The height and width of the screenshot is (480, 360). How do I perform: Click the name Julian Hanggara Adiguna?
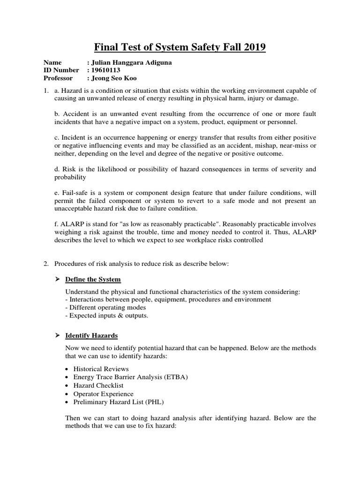(133, 62)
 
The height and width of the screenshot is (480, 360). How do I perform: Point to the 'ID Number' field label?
(61, 70)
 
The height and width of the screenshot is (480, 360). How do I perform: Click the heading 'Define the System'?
(93, 279)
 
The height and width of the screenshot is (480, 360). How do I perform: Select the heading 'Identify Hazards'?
(91, 336)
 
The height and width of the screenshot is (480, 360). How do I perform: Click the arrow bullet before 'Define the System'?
(58, 279)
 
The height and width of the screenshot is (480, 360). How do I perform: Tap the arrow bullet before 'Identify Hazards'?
(58, 336)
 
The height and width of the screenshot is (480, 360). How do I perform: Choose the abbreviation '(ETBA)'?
(176, 377)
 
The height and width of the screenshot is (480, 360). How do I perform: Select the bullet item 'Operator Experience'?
(103, 394)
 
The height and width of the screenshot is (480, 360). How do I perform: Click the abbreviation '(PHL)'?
(155, 402)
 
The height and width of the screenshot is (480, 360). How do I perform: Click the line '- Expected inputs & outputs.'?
(107, 316)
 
